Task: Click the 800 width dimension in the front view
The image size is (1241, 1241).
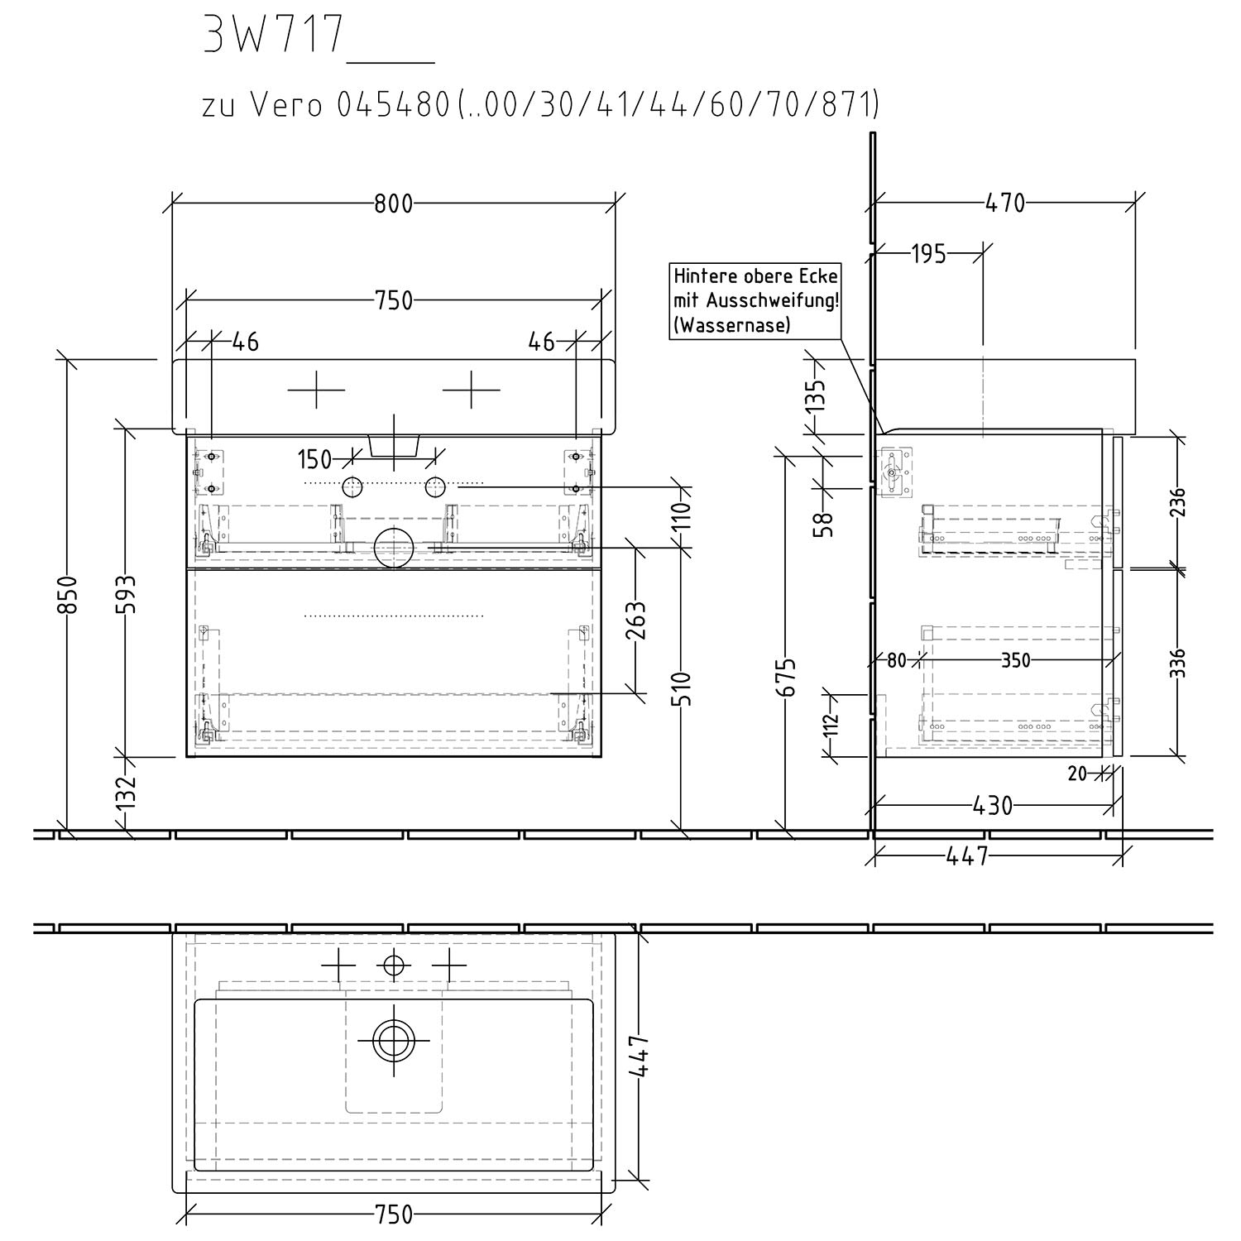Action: (393, 204)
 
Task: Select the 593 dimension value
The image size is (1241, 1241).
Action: (126, 594)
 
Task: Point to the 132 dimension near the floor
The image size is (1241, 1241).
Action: (126, 793)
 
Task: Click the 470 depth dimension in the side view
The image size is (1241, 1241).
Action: (1005, 203)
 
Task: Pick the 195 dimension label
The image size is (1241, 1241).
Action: (928, 254)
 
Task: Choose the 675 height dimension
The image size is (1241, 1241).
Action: (789, 677)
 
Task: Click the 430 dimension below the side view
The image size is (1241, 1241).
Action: (993, 806)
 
